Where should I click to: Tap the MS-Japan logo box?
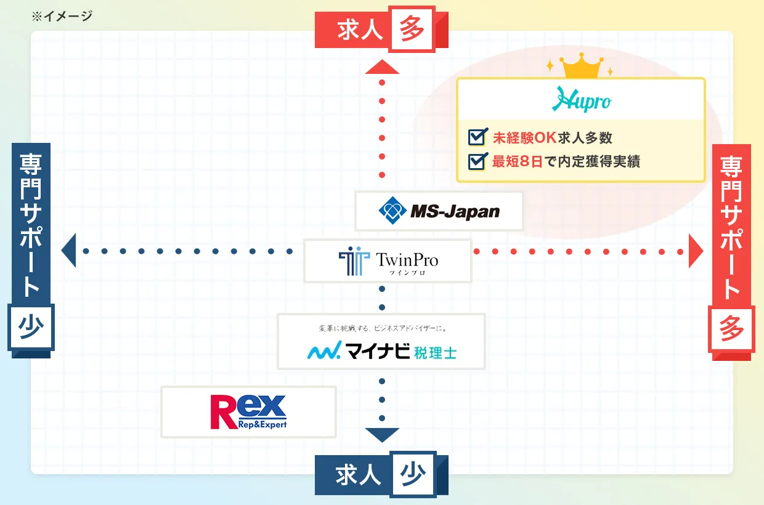(439, 212)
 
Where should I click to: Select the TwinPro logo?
(388, 261)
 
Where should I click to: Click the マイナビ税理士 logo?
(381, 352)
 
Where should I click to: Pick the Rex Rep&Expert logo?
(248, 412)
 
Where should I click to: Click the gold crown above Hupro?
(580, 67)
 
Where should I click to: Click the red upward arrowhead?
(382, 67)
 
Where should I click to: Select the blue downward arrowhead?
(382, 434)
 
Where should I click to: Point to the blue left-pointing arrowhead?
(68, 251)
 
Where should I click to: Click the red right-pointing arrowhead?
(696, 251)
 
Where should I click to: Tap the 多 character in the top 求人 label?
(412, 29)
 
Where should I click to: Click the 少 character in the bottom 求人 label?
(412, 475)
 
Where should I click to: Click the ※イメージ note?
(62, 16)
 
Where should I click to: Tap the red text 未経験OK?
(524, 137)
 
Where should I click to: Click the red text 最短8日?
(518, 162)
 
